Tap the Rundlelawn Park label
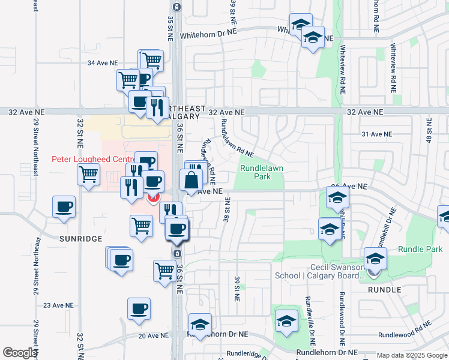click(x=260, y=172)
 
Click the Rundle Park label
click(x=420, y=249)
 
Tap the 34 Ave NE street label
click(x=103, y=63)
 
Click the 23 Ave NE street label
click(x=58, y=305)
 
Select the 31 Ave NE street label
click(x=376, y=134)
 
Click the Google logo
click(x=20, y=353)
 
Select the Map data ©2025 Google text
click(x=411, y=355)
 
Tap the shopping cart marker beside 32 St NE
click(x=88, y=175)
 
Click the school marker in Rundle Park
click(x=375, y=259)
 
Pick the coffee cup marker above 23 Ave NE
click(x=139, y=309)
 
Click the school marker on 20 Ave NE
click(x=200, y=325)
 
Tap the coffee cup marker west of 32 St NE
click(x=64, y=208)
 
